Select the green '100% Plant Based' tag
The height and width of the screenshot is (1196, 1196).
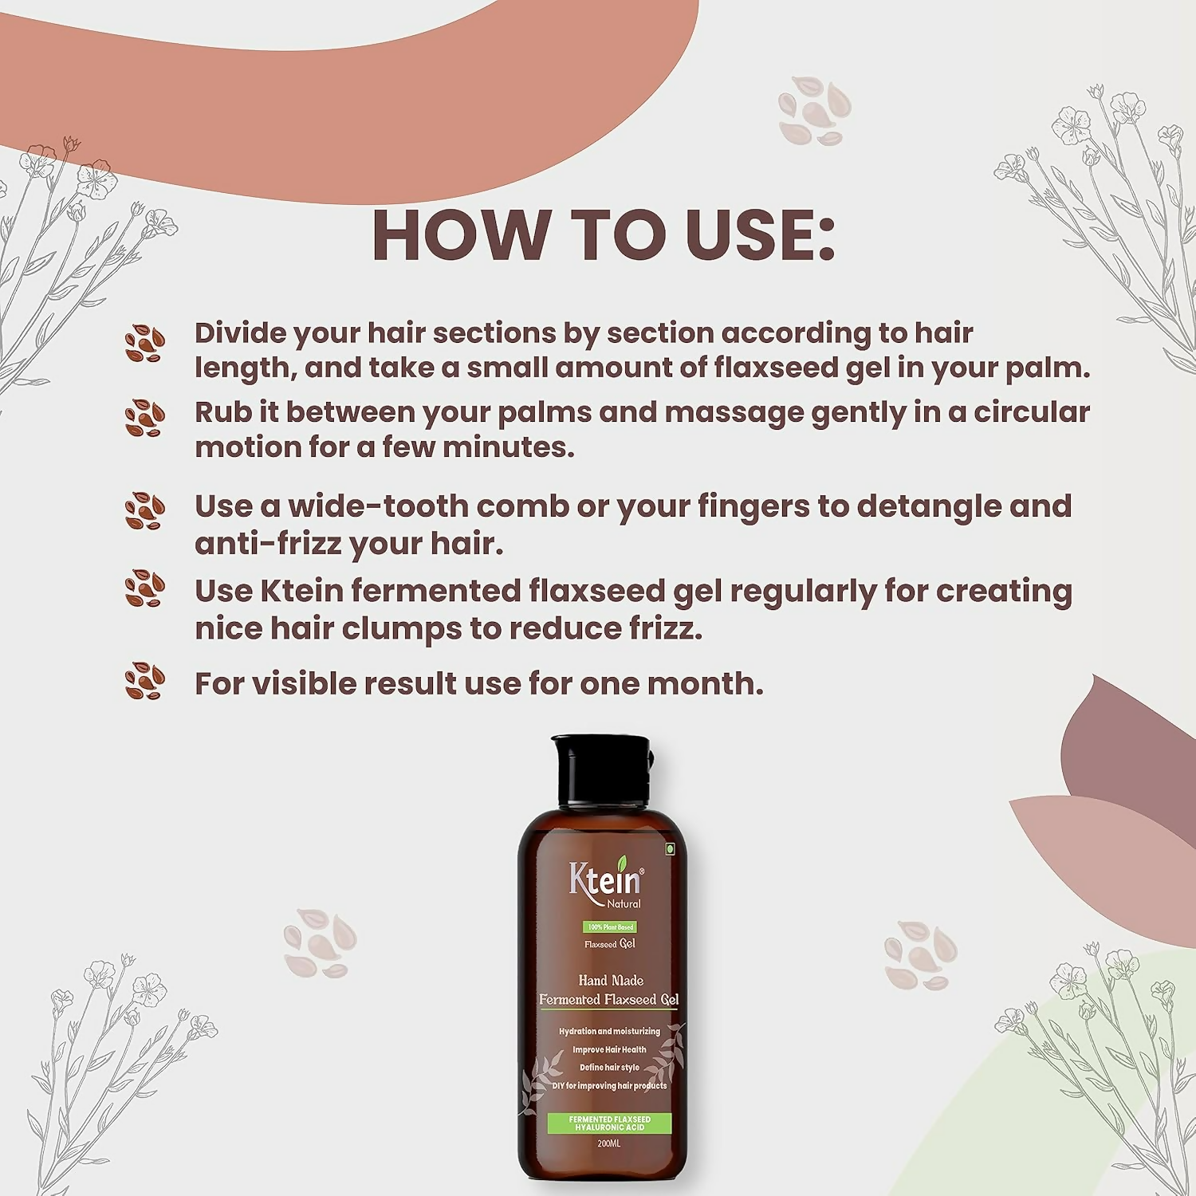[610, 927]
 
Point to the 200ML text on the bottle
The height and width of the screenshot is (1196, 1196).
[608, 1143]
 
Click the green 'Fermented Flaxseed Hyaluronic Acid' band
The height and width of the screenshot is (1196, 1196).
[609, 1123]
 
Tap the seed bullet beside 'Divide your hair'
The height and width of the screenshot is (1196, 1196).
[144, 344]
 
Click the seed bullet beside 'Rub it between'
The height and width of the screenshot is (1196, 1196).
[144, 418]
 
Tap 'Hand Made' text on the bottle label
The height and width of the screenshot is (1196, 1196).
[611, 980]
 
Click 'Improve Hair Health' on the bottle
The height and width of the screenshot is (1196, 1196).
[609, 1049]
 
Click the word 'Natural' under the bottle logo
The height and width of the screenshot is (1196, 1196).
[624, 903]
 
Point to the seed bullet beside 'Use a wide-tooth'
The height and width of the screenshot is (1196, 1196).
[144, 511]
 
